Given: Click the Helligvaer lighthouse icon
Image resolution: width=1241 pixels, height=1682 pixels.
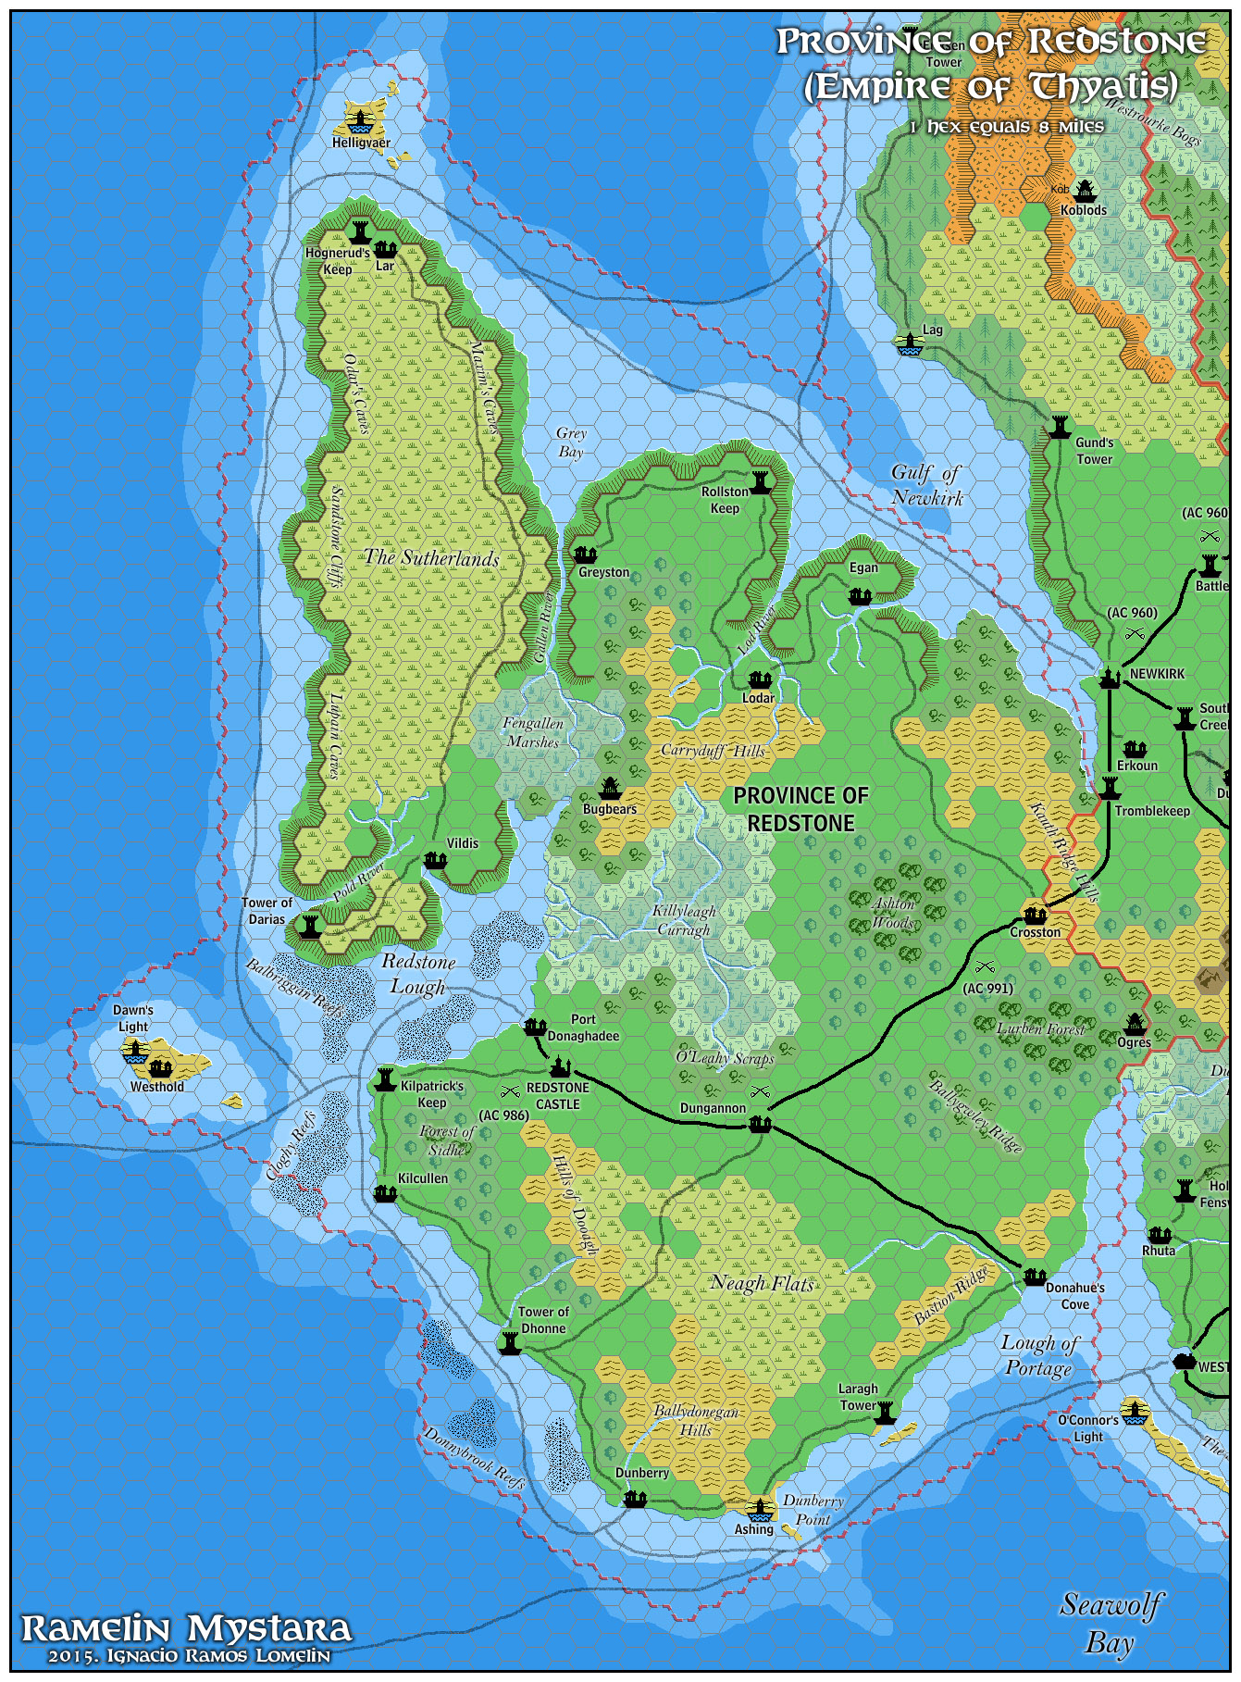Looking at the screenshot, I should (x=359, y=118).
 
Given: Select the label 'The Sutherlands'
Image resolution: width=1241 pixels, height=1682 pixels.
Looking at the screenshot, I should (x=431, y=557).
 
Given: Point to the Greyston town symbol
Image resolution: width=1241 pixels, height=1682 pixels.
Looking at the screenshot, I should (x=585, y=554).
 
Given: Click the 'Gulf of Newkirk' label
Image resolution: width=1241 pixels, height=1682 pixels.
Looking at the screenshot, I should (x=927, y=485).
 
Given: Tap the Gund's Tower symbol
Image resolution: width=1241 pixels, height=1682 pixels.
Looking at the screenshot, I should (x=1060, y=426).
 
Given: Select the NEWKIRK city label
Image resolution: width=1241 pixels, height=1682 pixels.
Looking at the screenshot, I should (x=1157, y=674).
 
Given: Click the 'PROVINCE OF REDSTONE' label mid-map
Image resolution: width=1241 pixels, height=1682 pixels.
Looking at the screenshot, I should (x=800, y=809).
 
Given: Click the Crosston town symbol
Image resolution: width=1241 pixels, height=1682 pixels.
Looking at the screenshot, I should (x=1035, y=916).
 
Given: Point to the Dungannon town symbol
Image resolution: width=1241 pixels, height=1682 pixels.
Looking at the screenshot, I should (x=761, y=1124).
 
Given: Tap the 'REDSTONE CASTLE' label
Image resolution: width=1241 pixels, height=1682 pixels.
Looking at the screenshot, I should (x=557, y=1096).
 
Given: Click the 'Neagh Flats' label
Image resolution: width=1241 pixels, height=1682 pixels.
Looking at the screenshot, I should (x=762, y=1283).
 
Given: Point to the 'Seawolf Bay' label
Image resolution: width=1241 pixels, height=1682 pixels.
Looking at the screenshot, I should (x=1111, y=1623).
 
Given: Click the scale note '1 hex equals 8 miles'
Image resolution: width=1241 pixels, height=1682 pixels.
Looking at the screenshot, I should (x=1007, y=127).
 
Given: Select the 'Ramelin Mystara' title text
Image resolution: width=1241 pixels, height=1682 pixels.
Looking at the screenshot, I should (x=186, y=1629).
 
